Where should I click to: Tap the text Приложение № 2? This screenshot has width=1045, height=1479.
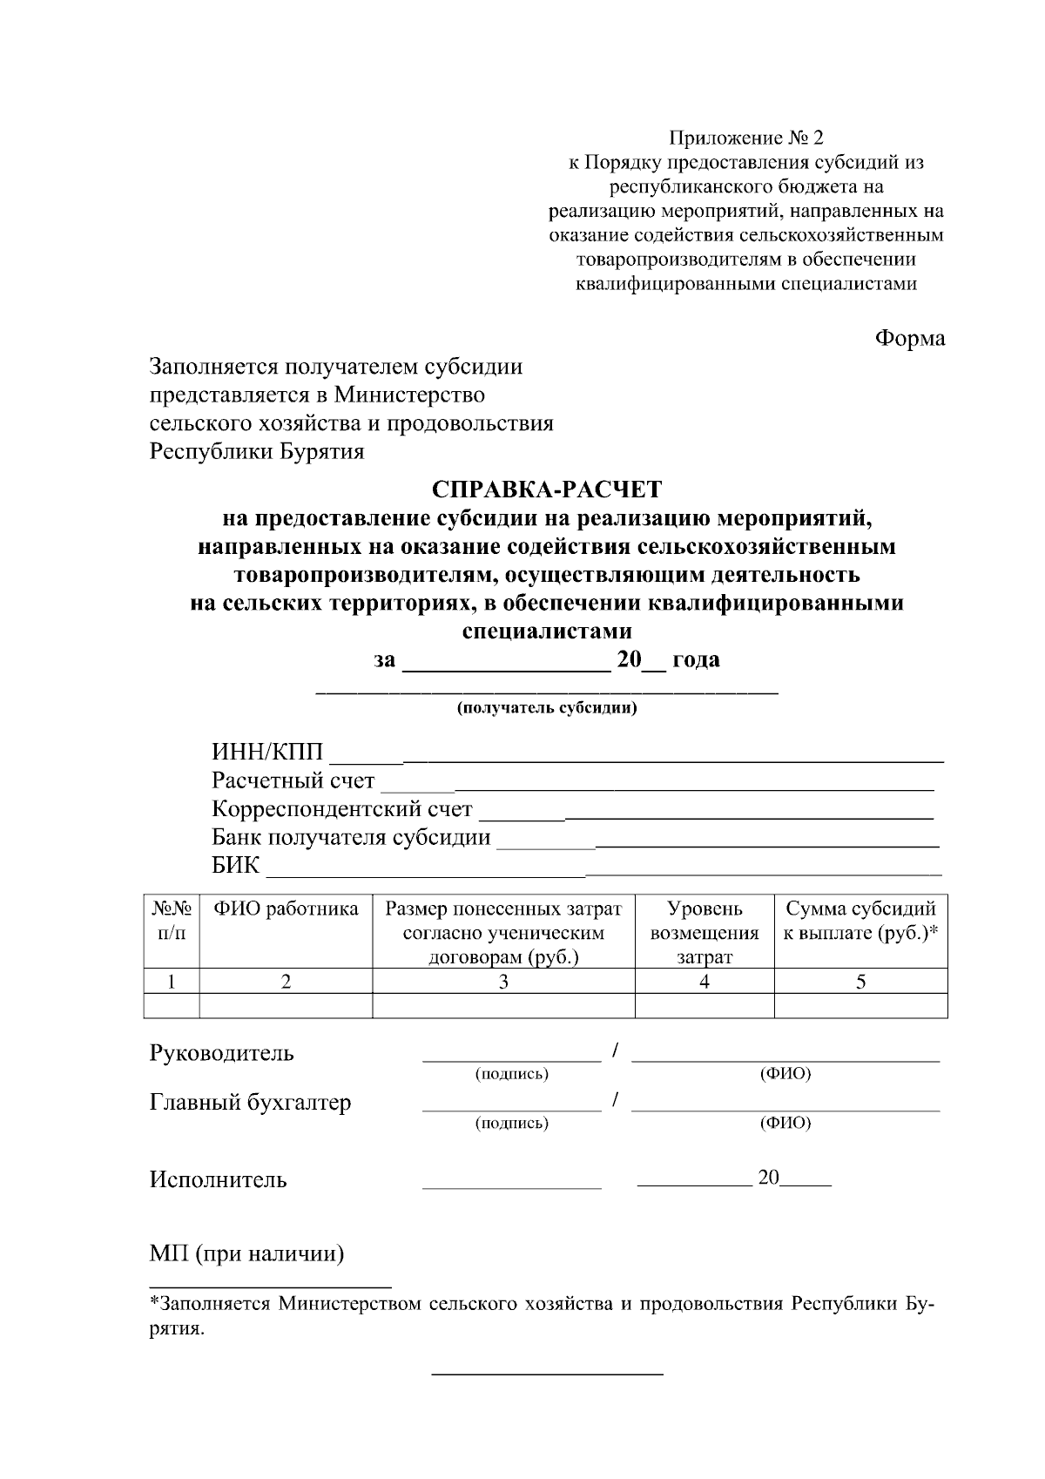(745, 138)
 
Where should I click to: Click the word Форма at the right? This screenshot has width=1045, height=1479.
(909, 338)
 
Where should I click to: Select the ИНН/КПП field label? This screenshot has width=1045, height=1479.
(267, 752)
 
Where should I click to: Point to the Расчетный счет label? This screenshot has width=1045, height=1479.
(293, 780)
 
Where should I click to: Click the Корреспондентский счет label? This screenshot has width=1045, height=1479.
(342, 809)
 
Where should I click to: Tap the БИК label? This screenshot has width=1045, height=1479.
(235, 866)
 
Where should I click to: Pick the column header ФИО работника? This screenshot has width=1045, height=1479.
(286, 909)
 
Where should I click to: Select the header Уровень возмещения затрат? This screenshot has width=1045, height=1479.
(704, 933)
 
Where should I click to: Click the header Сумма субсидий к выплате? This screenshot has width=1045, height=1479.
(860, 921)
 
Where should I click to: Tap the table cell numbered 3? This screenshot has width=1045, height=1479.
(503, 982)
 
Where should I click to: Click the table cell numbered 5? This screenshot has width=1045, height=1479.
(860, 982)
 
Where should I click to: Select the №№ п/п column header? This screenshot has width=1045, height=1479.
(171, 921)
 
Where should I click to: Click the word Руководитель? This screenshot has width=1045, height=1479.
(222, 1053)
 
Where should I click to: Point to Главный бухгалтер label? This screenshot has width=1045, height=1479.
(251, 1103)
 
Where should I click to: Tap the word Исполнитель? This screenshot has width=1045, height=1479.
(219, 1180)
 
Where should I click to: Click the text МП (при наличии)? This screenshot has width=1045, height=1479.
(247, 1254)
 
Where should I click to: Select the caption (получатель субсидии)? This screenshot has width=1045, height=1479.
(547, 708)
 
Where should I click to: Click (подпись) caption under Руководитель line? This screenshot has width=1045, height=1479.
(511, 1074)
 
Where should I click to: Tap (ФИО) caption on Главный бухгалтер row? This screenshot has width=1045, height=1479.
(785, 1123)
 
